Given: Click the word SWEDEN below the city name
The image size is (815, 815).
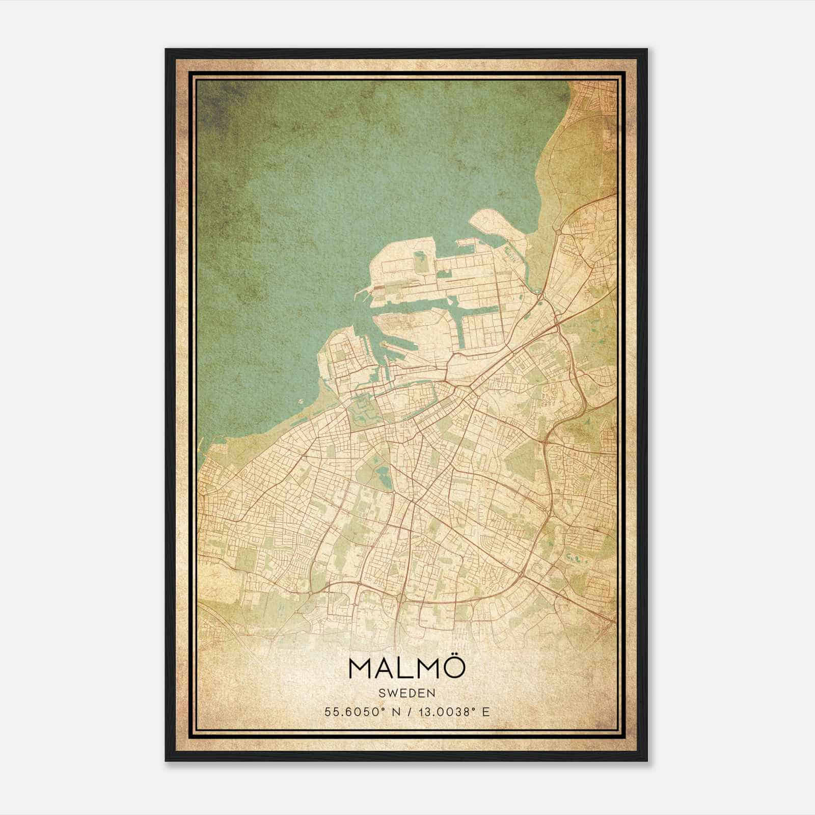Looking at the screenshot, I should pyautogui.click(x=406, y=693).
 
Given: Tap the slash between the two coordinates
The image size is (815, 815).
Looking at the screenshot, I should pyautogui.click(x=405, y=712).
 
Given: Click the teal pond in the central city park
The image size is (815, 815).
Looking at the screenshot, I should pyautogui.click(x=382, y=477).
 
